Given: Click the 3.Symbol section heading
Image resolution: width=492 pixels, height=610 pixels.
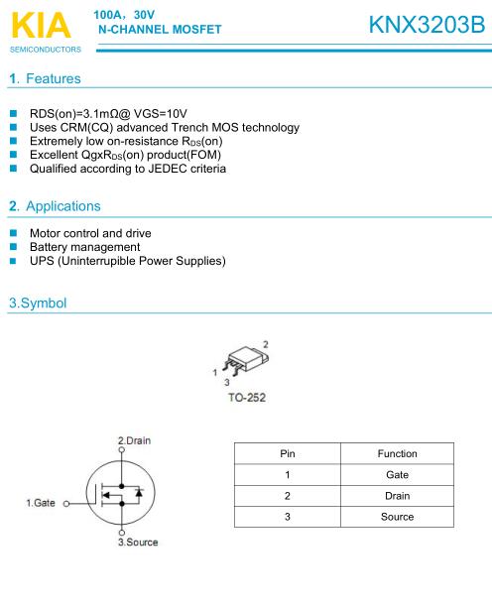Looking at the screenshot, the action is click(x=38, y=303).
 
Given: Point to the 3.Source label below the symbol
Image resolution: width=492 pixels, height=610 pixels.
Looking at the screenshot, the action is click(x=137, y=543).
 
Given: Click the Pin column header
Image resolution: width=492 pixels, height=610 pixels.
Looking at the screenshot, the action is click(x=288, y=453).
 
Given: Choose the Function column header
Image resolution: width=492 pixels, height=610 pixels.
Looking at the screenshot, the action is click(x=397, y=453).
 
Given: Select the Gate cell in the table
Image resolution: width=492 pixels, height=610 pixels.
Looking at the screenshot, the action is click(x=397, y=474).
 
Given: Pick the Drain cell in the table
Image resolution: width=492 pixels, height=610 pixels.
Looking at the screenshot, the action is click(x=397, y=495).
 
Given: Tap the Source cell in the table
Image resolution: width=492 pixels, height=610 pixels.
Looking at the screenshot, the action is click(x=397, y=517).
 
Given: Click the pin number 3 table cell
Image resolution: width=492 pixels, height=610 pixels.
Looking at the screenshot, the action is click(x=288, y=517).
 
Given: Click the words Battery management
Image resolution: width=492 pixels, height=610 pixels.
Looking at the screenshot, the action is click(x=84, y=246).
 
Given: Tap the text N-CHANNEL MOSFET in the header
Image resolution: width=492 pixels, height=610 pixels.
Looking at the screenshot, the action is click(x=159, y=29).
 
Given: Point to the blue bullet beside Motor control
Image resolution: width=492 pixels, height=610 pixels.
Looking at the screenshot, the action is click(x=14, y=233).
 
